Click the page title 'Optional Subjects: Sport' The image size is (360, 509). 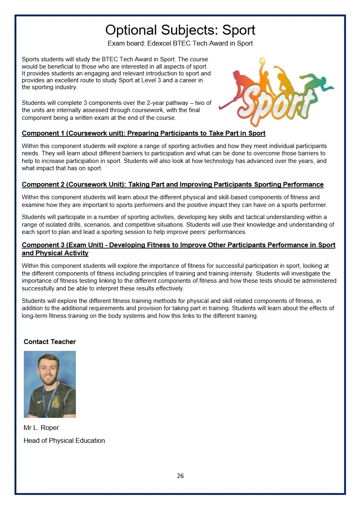point(180,30)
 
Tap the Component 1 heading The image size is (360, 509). point(143,134)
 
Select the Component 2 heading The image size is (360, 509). point(172,185)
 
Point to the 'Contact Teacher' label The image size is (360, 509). point(50,342)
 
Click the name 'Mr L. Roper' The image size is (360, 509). point(41,428)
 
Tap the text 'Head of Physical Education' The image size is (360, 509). point(64,440)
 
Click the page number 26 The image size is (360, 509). point(180,476)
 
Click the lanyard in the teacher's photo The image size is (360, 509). point(49,399)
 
